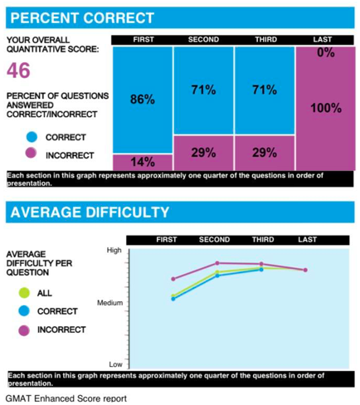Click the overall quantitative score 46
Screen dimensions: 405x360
click(18, 71)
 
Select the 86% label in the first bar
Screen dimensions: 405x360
click(142, 100)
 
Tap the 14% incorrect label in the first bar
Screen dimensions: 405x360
click(142, 162)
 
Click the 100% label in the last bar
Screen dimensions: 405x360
click(325, 108)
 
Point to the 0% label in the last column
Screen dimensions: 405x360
click(325, 52)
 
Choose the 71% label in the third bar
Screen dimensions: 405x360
click(264, 90)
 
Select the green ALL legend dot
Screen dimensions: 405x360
click(24, 293)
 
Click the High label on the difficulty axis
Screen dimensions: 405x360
click(114, 250)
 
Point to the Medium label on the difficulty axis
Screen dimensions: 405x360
click(110, 303)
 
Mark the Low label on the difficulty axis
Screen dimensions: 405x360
click(115, 364)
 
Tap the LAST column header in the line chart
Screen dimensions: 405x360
click(306, 240)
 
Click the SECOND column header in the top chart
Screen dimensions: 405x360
click(203, 40)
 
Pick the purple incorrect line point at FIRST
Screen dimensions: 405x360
click(173, 279)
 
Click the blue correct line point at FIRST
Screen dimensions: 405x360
click(173, 299)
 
